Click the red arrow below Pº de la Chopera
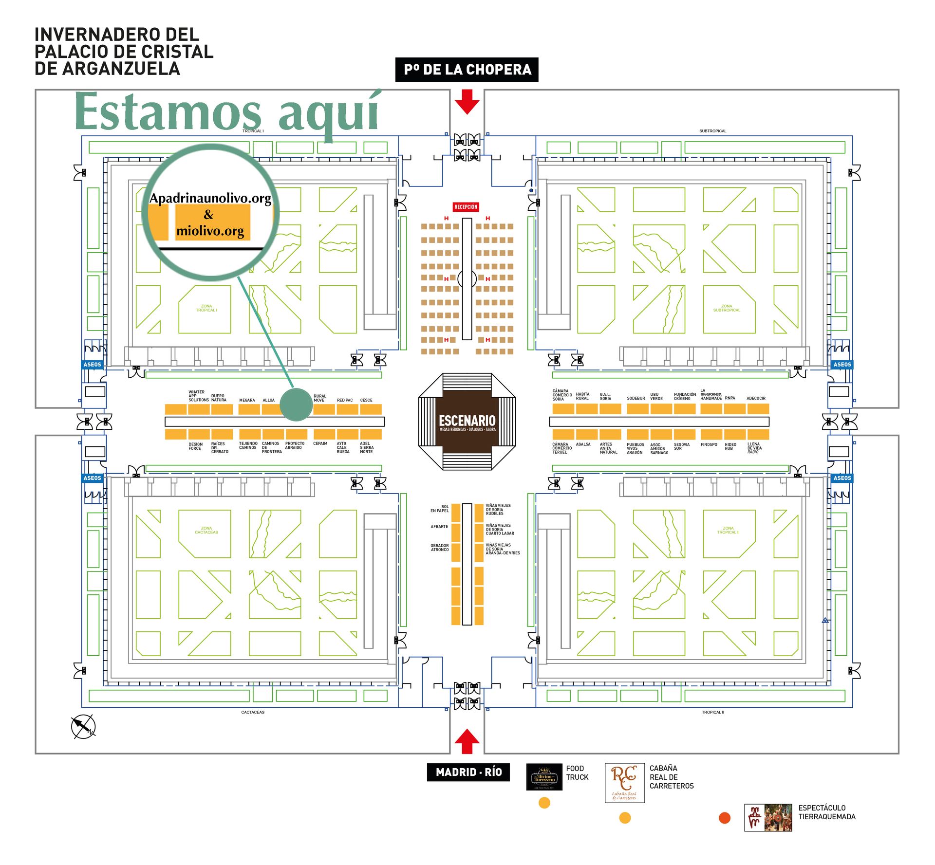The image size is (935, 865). (x=467, y=101)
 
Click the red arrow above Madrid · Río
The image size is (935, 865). (x=467, y=742)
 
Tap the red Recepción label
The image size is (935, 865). (x=466, y=207)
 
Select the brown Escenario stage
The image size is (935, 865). (x=467, y=422)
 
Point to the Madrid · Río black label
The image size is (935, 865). (x=468, y=772)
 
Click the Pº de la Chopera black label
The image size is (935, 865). (x=467, y=70)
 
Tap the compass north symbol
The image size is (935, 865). (x=83, y=727)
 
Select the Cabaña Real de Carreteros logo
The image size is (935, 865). (x=624, y=783)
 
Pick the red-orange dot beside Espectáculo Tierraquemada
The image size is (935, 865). (x=724, y=818)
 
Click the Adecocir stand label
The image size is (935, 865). (x=756, y=398)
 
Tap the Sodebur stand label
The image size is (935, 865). (x=636, y=398)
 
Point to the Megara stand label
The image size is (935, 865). (x=247, y=400)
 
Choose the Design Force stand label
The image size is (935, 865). (x=195, y=446)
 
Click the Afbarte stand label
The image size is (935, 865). (x=439, y=527)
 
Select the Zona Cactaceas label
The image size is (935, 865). (x=206, y=530)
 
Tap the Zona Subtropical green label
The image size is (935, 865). (x=727, y=308)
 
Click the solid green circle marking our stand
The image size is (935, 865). (x=296, y=404)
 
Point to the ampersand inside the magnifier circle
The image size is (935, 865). (x=208, y=215)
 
